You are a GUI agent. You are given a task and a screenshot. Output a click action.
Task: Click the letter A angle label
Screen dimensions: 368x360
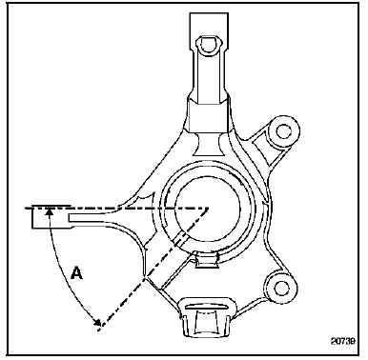[76, 273]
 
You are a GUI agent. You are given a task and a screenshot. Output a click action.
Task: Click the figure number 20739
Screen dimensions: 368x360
[343, 341]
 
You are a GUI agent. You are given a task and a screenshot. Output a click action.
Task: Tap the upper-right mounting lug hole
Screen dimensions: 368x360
[282, 131]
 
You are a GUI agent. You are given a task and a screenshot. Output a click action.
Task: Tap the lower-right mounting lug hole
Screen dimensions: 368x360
[279, 288]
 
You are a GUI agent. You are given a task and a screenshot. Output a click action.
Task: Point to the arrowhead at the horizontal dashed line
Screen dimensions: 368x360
[49, 212]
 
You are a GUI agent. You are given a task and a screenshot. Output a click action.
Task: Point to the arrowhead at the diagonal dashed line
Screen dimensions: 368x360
[96, 322]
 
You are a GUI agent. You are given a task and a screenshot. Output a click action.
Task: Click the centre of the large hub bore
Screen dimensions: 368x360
[208, 209]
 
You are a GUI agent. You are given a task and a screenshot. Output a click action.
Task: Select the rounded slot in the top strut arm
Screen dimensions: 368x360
[209, 44]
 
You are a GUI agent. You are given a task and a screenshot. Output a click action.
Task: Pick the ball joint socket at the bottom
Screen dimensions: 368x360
[207, 317]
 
